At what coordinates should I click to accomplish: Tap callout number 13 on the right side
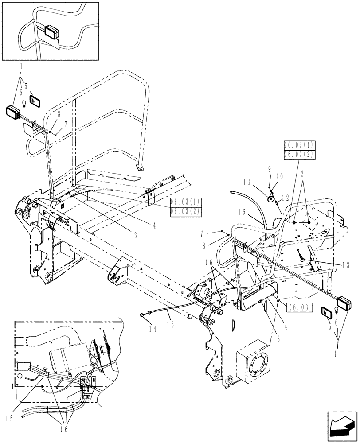345,265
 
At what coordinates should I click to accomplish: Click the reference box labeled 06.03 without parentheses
297,306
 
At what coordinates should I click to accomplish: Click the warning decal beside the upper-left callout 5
35,100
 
